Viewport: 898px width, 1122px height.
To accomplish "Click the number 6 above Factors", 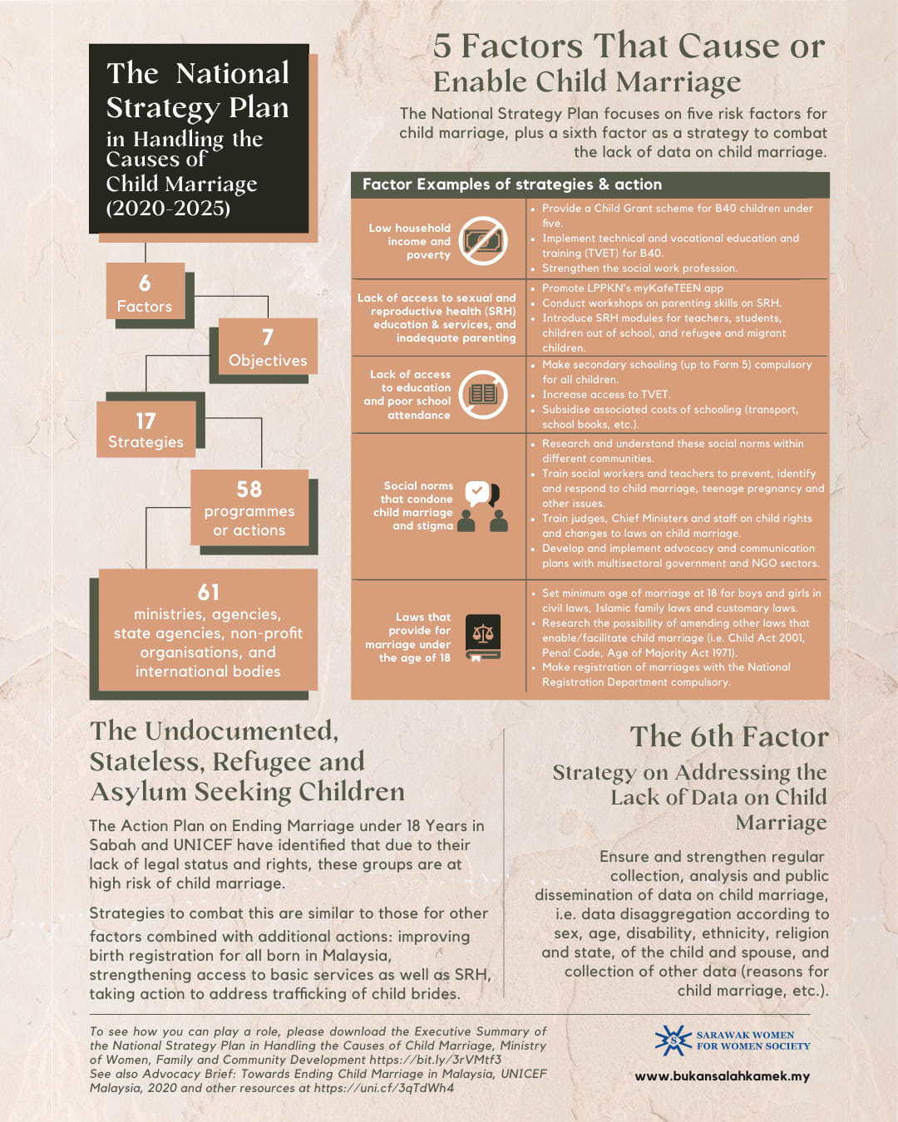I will coord(145,283).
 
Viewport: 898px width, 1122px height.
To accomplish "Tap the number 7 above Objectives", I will coord(267,337).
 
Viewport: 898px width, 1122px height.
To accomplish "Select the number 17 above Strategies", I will coord(146,421).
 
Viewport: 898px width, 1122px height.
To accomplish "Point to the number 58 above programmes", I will coord(249,490).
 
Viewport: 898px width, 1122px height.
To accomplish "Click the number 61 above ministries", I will coord(208,593).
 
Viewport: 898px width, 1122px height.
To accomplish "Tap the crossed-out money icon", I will coord(483,241).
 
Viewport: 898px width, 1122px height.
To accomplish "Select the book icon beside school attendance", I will coord(483,394).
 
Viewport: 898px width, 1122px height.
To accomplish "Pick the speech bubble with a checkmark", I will coord(477,492).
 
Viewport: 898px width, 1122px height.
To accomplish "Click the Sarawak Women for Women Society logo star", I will coord(673,1041).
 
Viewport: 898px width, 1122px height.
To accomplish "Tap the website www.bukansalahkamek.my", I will coord(722,1076).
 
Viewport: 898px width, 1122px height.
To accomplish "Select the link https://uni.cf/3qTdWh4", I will coord(384,1088).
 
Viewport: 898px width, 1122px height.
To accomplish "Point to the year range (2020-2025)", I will coord(168,208).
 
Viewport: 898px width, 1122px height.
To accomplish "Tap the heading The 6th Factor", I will coord(728,736).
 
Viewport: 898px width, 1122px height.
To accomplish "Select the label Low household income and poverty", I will coord(410,241).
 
